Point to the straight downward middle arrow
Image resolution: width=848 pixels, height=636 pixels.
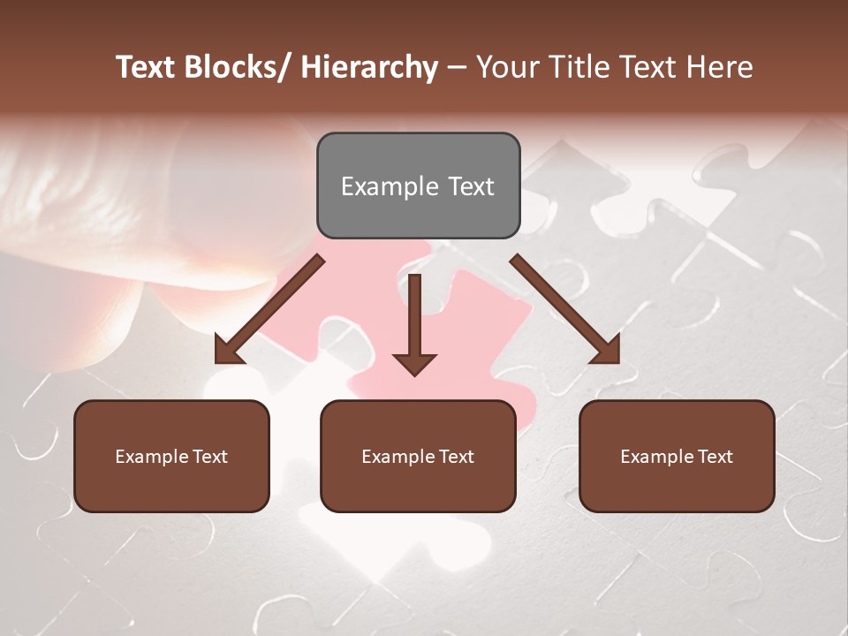tap(414, 318)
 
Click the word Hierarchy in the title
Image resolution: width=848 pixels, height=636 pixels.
tap(368, 67)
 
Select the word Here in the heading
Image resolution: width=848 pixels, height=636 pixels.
tap(721, 67)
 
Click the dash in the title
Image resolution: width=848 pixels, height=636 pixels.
tap(457, 67)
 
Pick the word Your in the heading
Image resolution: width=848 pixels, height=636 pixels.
tap(505, 67)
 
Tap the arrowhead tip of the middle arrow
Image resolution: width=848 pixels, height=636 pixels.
tap(414, 373)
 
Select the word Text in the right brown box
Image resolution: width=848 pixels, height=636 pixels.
tap(714, 457)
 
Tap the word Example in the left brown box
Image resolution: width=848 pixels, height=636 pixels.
tap(152, 457)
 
